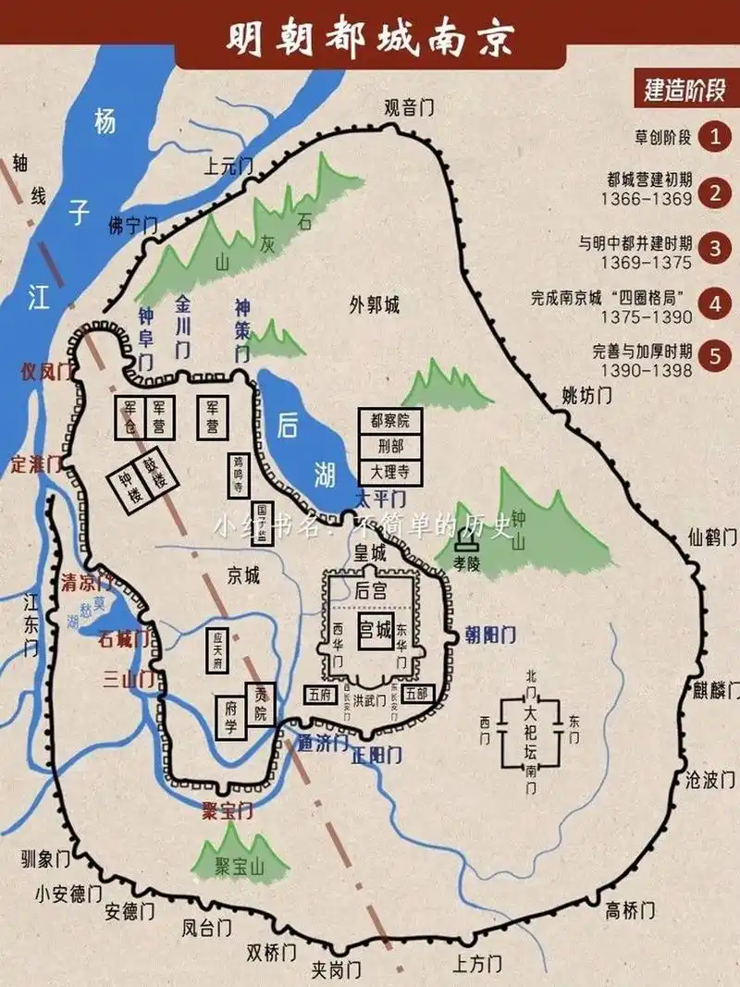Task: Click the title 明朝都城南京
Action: (370, 39)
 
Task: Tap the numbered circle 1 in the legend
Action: (714, 138)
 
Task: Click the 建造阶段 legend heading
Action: (685, 91)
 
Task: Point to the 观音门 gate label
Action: (410, 107)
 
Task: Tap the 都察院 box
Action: (389, 421)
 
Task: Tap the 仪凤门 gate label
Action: (46, 372)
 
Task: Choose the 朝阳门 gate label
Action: (489, 635)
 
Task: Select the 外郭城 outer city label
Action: (375, 305)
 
